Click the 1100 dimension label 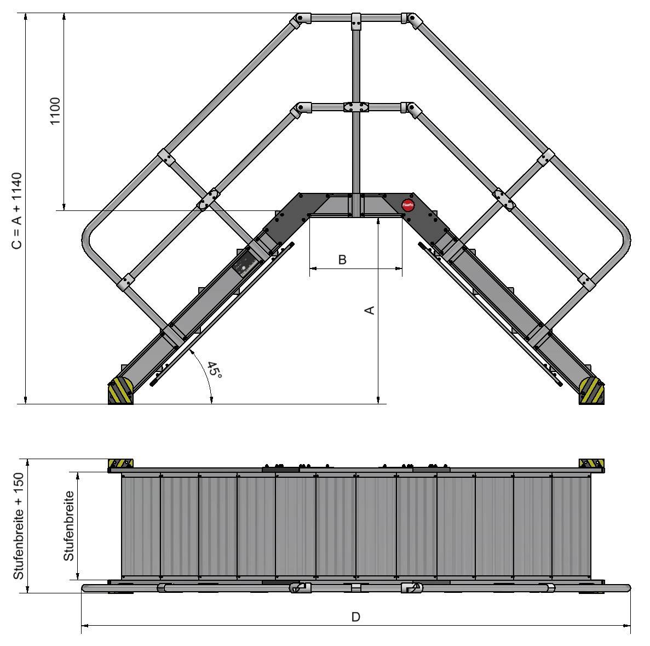pyautogui.click(x=56, y=111)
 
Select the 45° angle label pyautogui.click(x=215, y=370)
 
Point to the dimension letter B pyautogui.click(x=342, y=260)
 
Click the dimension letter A pyautogui.click(x=370, y=310)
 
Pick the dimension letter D pyautogui.click(x=355, y=618)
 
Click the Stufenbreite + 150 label pyautogui.click(x=19, y=527)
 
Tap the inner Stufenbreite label pyautogui.click(x=68, y=526)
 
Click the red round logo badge pyautogui.click(x=407, y=205)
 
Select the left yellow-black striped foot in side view pyautogui.click(x=121, y=391)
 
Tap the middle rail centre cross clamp pyautogui.click(x=356, y=107)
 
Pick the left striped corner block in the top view pyautogui.click(x=121, y=464)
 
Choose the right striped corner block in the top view pyautogui.click(x=591, y=464)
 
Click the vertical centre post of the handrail pyautogui.click(x=356, y=153)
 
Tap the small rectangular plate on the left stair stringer pyautogui.click(x=243, y=266)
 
